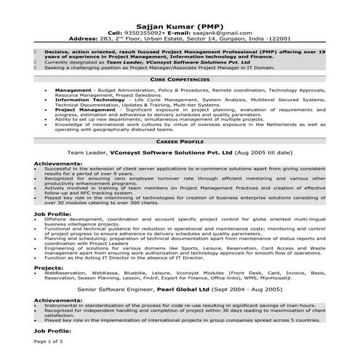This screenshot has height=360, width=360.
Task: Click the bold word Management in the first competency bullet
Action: point(73,90)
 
